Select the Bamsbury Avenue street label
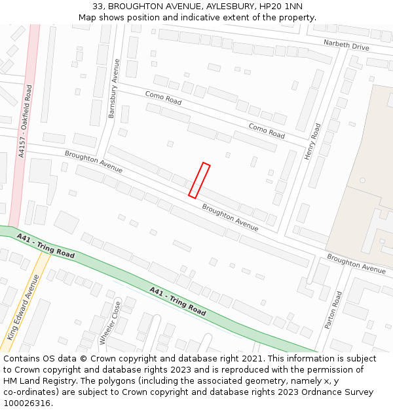click(x=114, y=89)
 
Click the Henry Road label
click(x=312, y=142)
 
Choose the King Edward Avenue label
click(x=23, y=307)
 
